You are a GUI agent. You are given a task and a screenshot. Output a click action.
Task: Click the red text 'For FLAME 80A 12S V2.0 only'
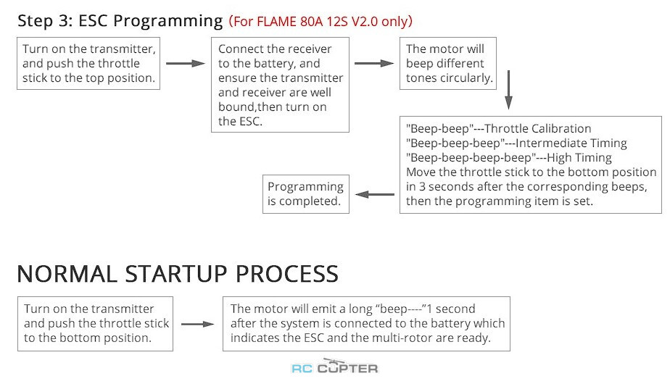(320, 21)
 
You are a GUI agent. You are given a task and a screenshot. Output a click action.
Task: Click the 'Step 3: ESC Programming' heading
(120, 20)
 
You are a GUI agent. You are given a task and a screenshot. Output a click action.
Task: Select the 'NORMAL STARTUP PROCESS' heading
(178, 274)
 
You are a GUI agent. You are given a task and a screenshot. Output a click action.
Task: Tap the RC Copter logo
(334, 366)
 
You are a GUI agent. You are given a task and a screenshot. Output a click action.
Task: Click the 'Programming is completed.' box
(305, 194)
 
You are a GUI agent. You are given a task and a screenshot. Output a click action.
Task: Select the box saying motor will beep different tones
(448, 63)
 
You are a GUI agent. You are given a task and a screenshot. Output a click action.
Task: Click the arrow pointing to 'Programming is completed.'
(375, 194)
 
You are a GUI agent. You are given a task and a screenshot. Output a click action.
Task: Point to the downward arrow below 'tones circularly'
(508, 90)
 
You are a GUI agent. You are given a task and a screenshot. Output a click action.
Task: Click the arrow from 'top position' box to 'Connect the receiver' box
(186, 63)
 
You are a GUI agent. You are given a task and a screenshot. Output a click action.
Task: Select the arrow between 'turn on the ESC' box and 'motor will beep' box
(374, 63)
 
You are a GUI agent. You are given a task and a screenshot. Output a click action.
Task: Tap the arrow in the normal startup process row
(197, 324)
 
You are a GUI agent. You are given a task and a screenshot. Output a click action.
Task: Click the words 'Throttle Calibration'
(538, 128)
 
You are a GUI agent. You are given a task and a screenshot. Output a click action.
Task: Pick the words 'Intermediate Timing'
(571, 143)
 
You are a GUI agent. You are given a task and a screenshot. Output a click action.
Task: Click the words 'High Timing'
(579, 158)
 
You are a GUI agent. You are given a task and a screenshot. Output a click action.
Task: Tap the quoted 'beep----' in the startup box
(399, 309)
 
